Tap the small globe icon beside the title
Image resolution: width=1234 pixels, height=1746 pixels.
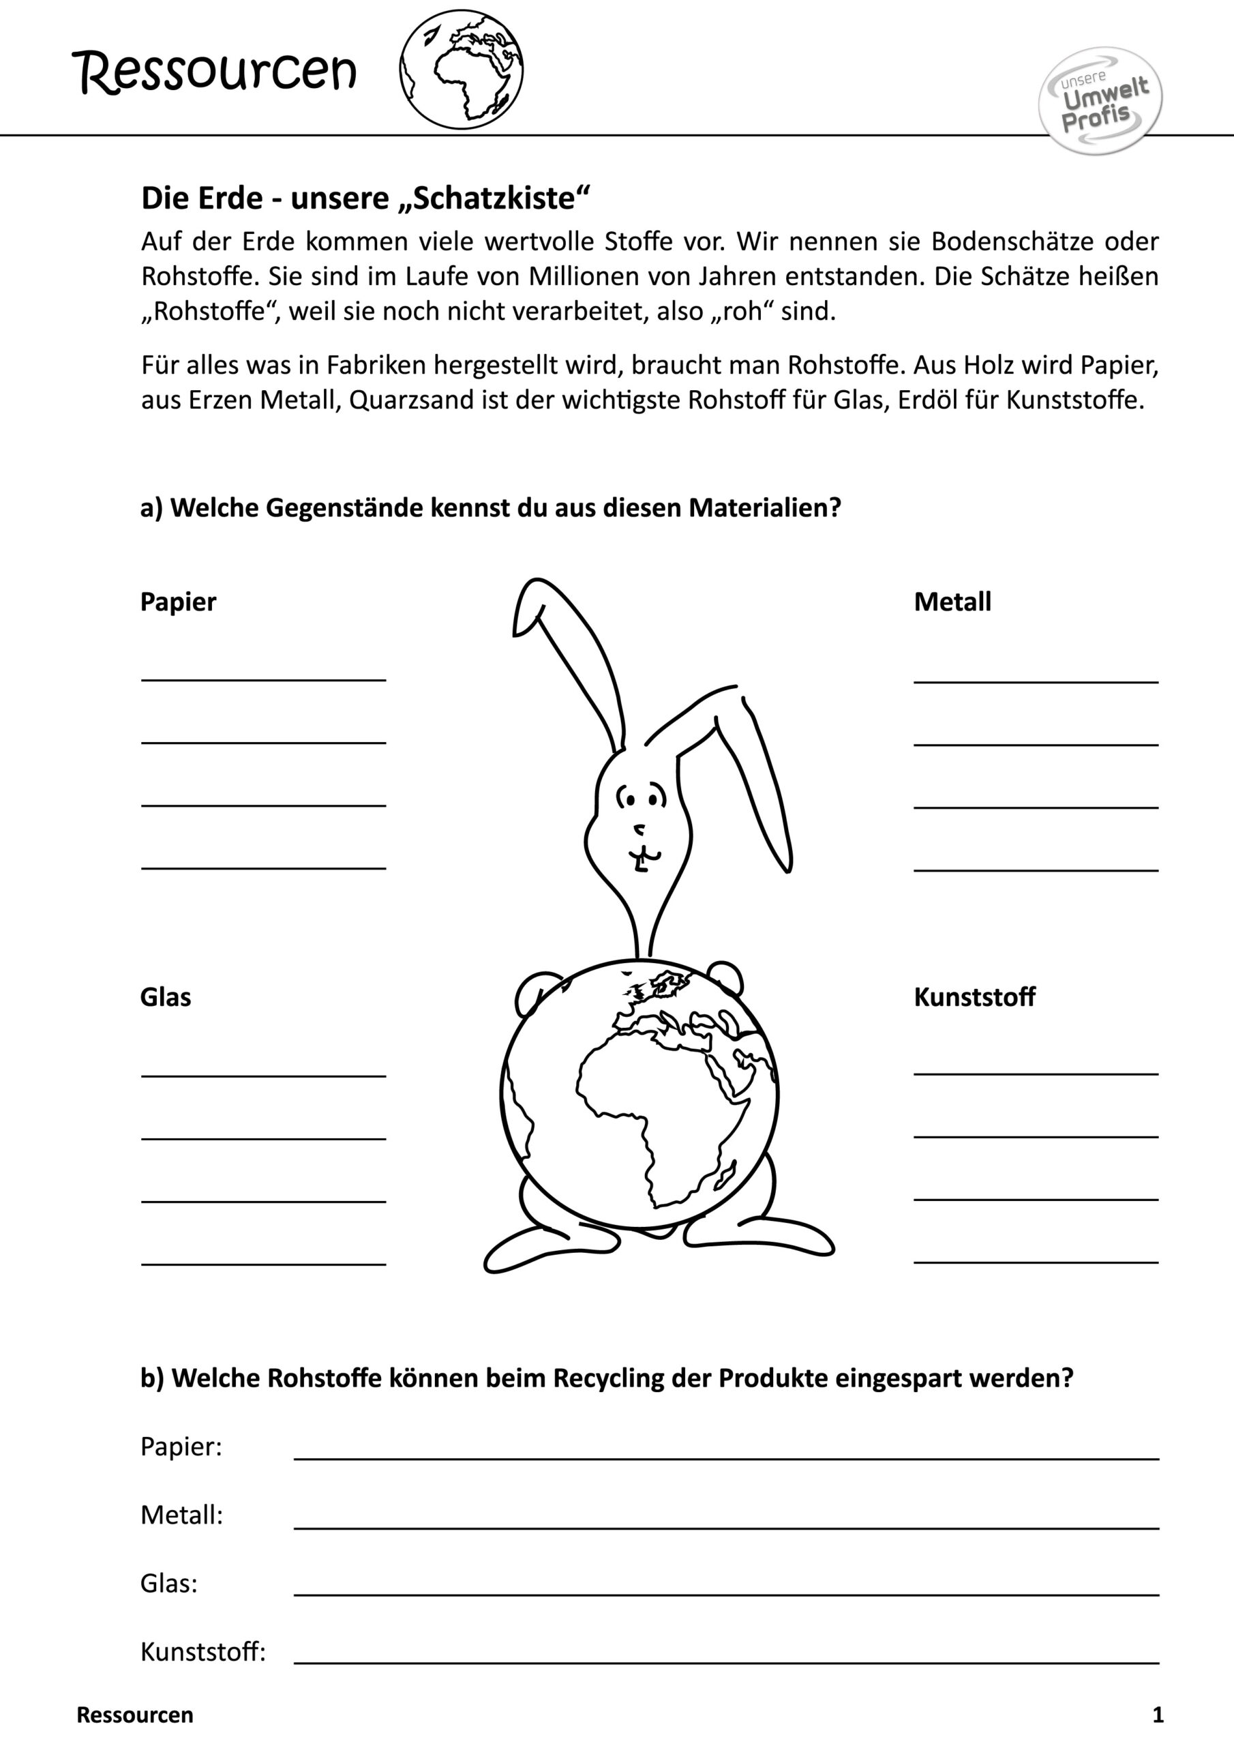pos(461,69)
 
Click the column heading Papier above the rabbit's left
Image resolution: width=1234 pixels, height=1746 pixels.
pos(178,602)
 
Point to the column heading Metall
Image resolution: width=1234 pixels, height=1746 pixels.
pos(952,602)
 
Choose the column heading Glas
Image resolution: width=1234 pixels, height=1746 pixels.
pos(165,996)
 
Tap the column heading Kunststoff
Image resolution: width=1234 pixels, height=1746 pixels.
pos(974,996)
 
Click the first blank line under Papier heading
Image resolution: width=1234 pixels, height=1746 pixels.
pos(263,679)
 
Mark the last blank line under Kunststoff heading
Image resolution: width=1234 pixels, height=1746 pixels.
pos(1036,1262)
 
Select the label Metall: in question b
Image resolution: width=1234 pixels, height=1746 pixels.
pos(182,1515)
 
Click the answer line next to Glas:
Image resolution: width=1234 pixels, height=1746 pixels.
pos(726,1594)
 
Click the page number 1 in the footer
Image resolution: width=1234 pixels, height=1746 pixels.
pos(1158,1715)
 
